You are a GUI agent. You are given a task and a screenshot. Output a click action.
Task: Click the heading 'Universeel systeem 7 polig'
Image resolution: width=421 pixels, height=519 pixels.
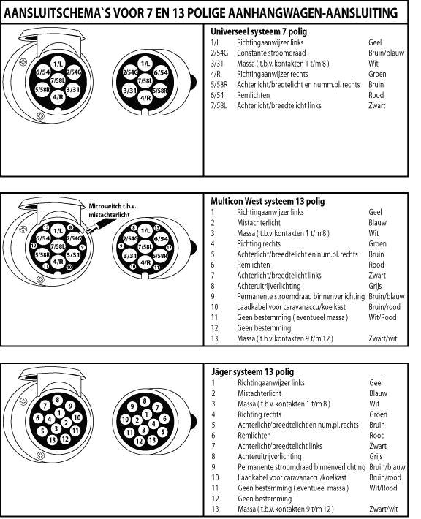[259, 31]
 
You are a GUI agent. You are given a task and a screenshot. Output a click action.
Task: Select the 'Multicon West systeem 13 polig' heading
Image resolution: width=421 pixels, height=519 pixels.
[268, 201]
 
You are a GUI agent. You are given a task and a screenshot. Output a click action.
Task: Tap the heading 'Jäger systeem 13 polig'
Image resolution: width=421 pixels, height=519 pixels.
[253, 371]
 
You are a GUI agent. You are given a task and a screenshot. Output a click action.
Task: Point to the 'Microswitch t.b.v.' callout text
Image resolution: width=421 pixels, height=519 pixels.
[113, 206]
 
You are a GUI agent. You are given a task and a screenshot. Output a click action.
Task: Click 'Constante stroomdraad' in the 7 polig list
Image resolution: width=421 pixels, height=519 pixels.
[271, 53]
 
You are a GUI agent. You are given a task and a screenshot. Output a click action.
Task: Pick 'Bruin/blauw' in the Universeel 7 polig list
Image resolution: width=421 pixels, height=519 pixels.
[386, 53]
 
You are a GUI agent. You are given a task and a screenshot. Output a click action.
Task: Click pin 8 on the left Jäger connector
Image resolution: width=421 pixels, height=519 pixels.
[57, 400]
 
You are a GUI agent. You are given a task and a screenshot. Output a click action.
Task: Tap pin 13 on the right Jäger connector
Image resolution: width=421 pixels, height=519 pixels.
[152, 440]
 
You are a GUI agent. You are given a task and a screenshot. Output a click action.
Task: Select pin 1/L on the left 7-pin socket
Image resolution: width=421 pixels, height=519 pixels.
[58, 64]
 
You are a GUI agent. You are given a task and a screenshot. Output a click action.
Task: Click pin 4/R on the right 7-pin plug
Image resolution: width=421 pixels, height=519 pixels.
[145, 98]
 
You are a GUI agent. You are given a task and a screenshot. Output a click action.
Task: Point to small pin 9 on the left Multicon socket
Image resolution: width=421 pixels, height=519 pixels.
[82, 247]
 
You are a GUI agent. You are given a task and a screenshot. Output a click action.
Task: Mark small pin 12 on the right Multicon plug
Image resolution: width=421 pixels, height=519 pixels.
[169, 247]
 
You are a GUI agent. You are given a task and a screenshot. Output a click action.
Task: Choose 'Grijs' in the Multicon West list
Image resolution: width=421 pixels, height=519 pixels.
[375, 286]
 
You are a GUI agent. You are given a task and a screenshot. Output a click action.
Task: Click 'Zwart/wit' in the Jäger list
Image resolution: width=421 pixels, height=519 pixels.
[383, 509]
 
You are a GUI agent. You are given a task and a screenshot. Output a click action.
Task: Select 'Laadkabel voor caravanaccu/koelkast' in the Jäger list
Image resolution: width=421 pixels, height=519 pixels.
[292, 477]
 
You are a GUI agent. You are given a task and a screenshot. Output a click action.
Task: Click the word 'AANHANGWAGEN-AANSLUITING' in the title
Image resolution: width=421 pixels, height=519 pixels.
[313, 13]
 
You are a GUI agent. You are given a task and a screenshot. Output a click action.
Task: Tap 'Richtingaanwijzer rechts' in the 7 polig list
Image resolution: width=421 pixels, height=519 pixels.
[273, 74]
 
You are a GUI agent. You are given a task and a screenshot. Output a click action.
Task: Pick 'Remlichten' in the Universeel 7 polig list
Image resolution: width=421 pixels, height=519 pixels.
[253, 95]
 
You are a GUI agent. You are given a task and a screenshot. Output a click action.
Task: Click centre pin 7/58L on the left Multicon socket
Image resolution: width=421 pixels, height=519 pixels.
[58, 246]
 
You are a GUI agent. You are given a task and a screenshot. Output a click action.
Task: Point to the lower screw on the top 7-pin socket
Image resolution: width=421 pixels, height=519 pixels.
[40, 116]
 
